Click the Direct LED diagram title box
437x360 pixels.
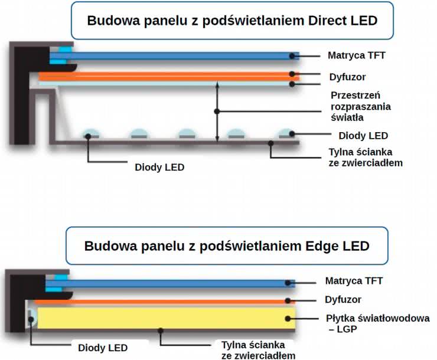(x=232, y=21)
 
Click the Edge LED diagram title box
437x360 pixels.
(x=227, y=246)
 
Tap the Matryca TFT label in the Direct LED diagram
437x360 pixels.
(x=356, y=56)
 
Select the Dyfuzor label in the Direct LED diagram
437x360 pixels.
(x=347, y=77)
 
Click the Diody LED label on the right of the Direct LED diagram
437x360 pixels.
(x=363, y=135)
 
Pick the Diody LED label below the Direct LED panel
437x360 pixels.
(x=159, y=167)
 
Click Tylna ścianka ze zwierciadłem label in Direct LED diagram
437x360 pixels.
(x=366, y=157)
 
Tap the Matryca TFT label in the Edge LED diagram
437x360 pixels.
(x=354, y=281)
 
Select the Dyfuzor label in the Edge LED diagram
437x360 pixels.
(x=343, y=300)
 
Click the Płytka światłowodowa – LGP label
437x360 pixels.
(x=378, y=324)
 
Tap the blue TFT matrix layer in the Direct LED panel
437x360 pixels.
(x=177, y=56)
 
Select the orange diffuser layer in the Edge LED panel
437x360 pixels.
(x=165, y=302)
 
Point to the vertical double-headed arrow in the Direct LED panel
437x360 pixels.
(x=218, y=112)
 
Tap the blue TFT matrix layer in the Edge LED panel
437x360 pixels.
(x=177, y=283)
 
